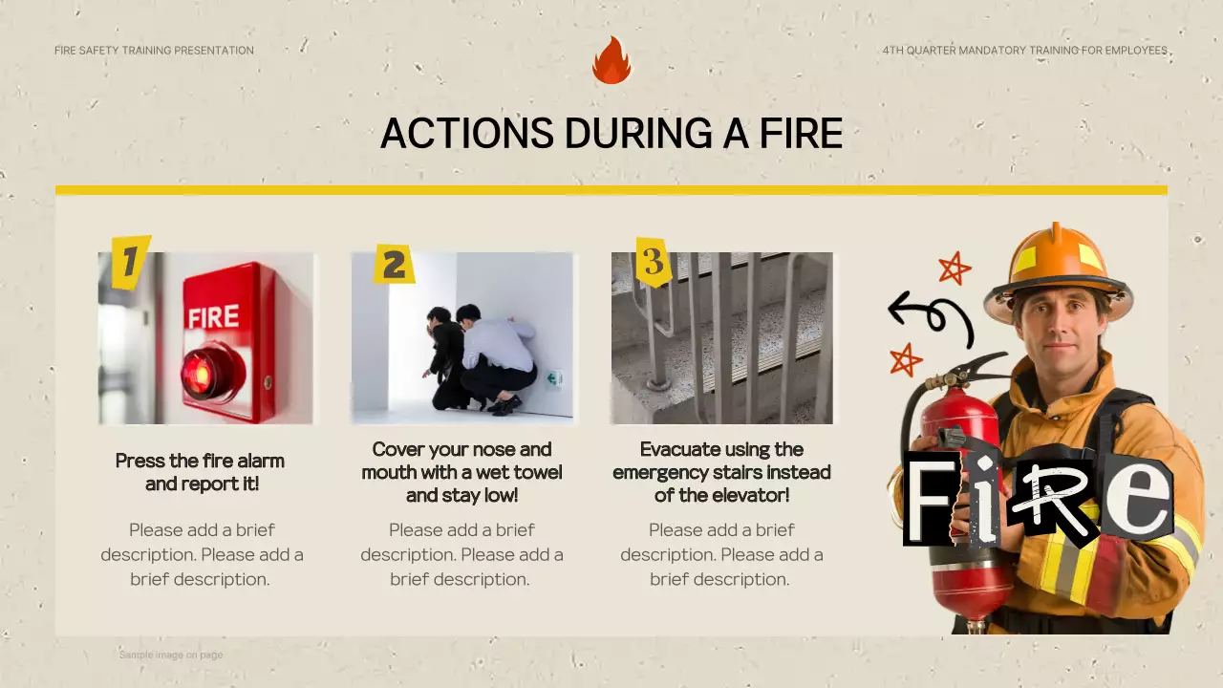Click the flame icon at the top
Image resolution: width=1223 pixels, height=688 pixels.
[x=611, y=60]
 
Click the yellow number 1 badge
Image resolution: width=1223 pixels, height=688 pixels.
[x=131, y=262]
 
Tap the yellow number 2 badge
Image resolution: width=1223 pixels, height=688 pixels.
[x=394, y=265]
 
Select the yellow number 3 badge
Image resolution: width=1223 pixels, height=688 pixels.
[x=654, y=262]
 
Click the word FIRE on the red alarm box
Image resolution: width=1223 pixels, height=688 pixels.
[x=213, y=316]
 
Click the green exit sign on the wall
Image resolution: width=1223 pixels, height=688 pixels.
[x=555, y=378]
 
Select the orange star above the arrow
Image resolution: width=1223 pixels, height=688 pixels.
[x=955, y=269]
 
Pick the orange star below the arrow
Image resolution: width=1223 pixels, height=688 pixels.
[x=906, y=360]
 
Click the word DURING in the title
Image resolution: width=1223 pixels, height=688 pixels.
[x=638, y=133]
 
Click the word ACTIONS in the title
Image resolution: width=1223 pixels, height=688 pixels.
[x=467, y=133]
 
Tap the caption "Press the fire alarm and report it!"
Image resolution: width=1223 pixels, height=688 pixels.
[x=201, y=472]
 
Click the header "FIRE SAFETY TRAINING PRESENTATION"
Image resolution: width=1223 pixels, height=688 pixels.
[x=154, y=51]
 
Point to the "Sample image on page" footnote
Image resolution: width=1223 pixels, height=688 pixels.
[x=171, y=655]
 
